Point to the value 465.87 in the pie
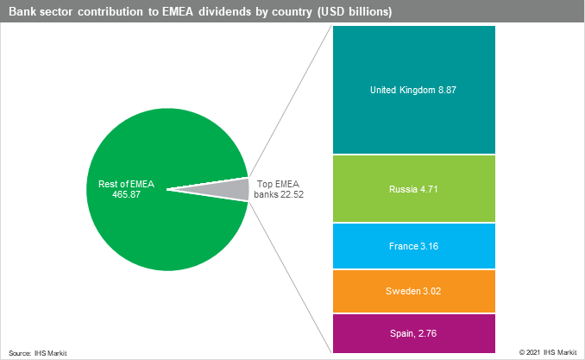(126, 193)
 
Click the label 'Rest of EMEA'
(126, 183)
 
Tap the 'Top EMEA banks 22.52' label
(279, 189)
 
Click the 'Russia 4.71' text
(413, 188)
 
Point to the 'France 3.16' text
(413, 245)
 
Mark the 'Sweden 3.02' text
(413, 292)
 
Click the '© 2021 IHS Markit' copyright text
(550, 352)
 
